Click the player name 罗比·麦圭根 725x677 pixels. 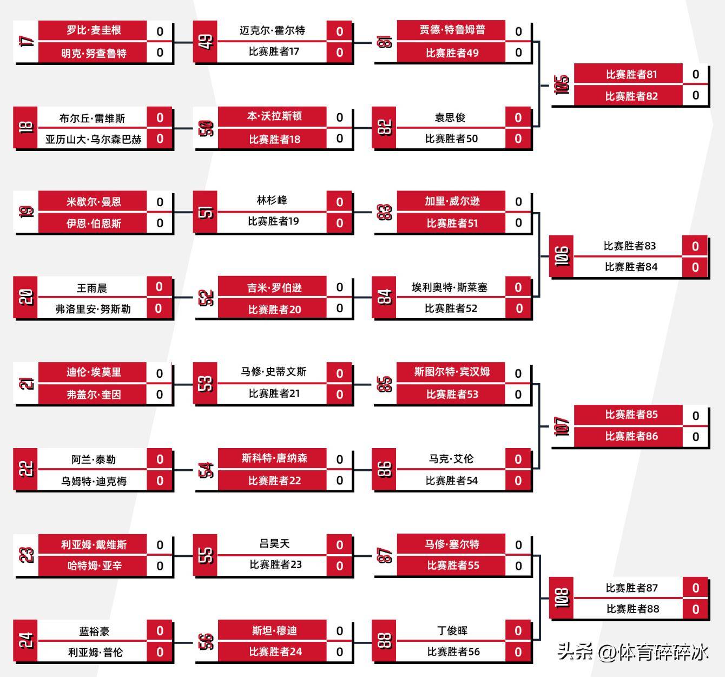(93, 31)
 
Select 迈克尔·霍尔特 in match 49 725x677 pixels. (272, 31)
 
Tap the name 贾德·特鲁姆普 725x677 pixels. (452, 30)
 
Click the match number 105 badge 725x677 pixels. (562, 85)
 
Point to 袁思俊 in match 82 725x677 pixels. (450, 117)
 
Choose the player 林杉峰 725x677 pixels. (272, 201)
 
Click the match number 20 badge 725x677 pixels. (26, 298)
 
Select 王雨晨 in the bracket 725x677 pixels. (92, 288)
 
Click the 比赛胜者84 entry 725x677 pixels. (630, 267)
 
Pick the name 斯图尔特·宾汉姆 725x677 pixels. (452, 372)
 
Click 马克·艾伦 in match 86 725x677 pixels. (451, 459)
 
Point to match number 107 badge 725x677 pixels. (562, 426)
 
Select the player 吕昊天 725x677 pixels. (274, 544)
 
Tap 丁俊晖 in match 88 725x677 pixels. (452, 630)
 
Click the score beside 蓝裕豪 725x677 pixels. (160, 631)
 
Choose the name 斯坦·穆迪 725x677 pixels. (274, 631)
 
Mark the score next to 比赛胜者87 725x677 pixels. (695, 588)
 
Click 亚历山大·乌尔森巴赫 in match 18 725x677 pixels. (93, 139)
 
